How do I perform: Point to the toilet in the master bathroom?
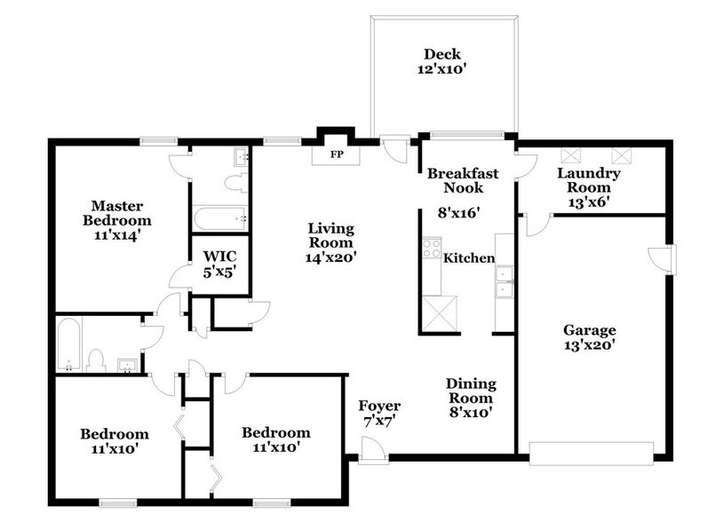coord(235,183)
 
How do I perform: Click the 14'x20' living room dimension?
coord(330,257)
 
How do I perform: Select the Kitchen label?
coord(469,258)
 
